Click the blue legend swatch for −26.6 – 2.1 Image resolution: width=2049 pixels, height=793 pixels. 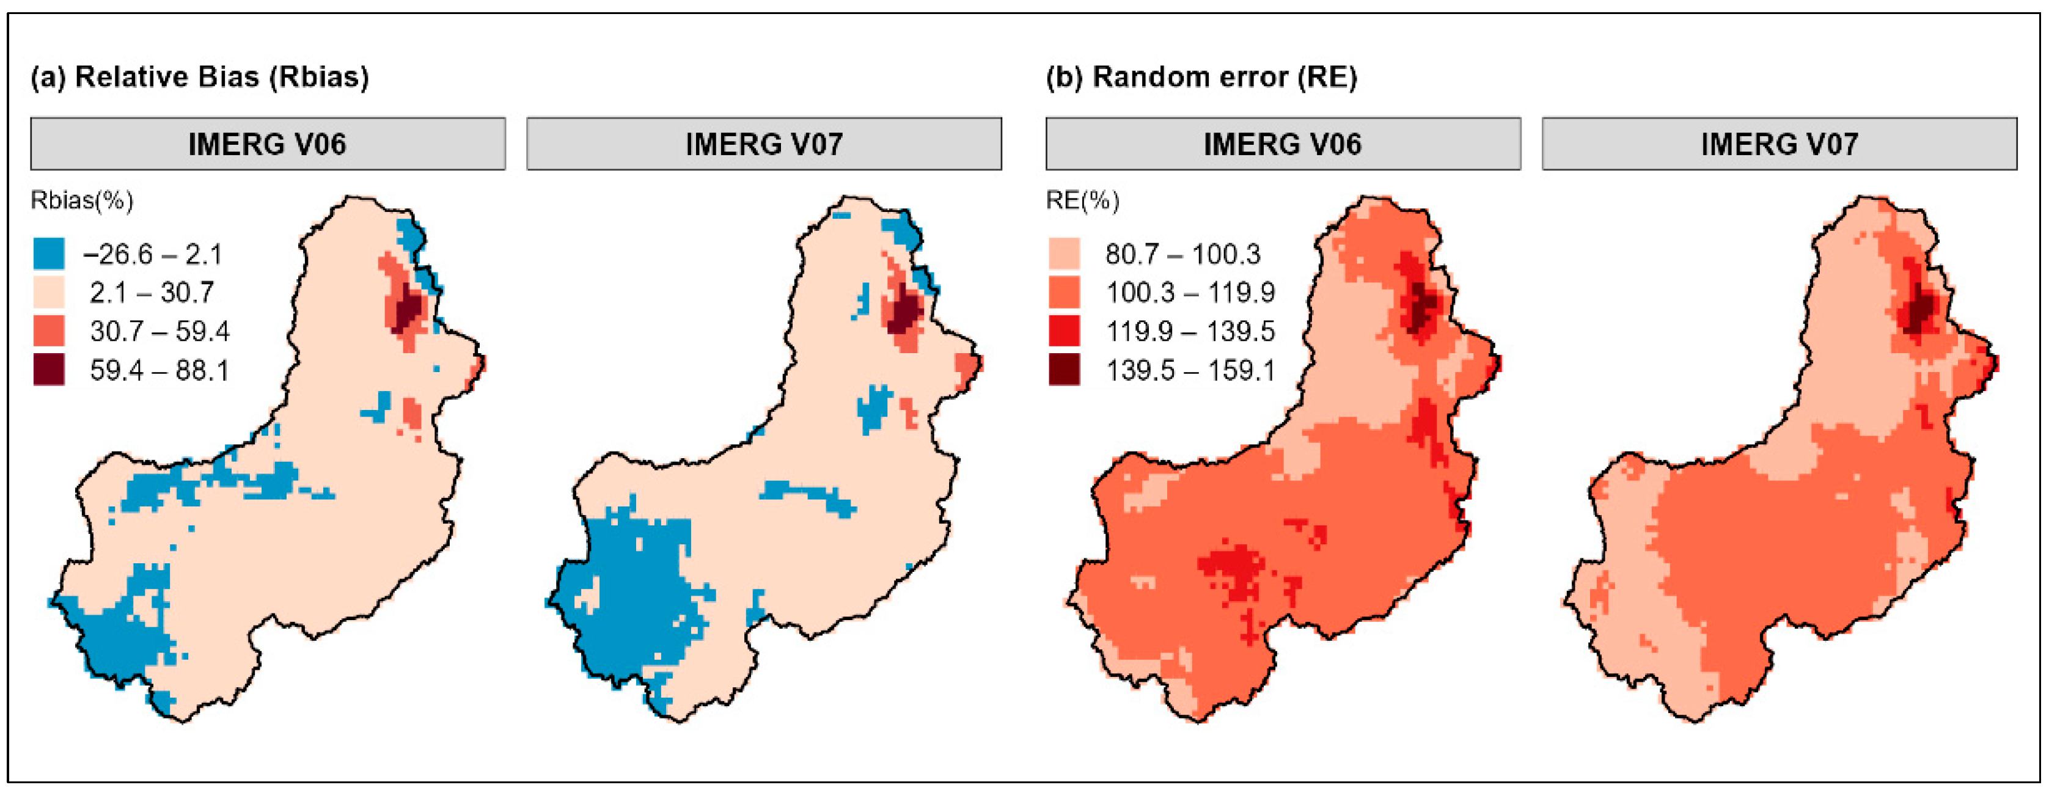[x=48, y=254]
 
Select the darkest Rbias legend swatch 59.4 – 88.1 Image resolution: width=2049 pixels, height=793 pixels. [x=48, y=370]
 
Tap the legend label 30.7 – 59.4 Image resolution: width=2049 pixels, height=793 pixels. [x=159, y=331]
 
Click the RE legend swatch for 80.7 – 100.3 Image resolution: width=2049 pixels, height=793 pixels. [x=1063, y=254]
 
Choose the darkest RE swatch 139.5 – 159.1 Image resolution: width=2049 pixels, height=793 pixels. [x=1063, y=370]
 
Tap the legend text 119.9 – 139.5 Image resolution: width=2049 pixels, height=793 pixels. [x=1190, y=331]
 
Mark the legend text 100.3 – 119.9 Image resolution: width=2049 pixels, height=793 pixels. [x=1190, y=293]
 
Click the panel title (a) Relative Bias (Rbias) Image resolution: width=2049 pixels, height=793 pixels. [x=200, y=77]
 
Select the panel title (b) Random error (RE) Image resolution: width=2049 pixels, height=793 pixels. [x=1201, y=77]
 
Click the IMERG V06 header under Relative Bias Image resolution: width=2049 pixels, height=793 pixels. [x=267, y=144]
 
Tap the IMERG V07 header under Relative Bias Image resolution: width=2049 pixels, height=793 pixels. [x=764, y=144]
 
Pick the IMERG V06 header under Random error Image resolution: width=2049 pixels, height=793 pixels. [x=1282, y=144]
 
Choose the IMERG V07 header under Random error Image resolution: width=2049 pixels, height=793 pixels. [x=1780, y=144]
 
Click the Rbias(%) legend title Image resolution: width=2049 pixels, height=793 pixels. [x=82, y=200]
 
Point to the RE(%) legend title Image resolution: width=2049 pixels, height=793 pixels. [x=1082, y=200]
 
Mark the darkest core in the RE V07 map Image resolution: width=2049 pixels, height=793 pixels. [x=1919, y=312]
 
